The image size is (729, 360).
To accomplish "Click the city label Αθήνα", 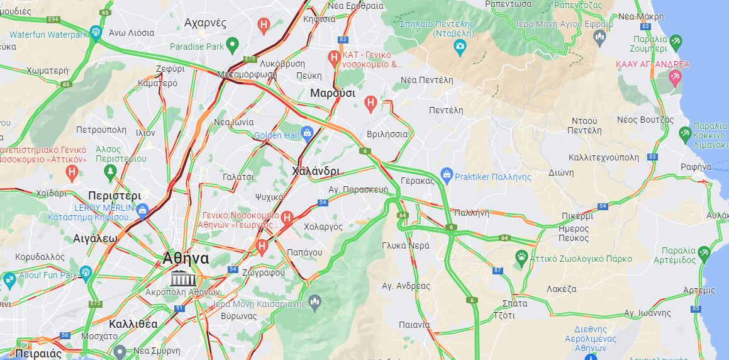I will tap(186, 259).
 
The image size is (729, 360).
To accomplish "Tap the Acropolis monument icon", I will tap(182, 279).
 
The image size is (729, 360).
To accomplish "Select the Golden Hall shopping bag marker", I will tap(307, 133).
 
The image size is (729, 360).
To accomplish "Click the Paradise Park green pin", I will tap(232, 45).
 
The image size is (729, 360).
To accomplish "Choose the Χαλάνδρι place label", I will tap(316, 171).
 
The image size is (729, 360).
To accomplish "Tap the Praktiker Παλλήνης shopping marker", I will tap(447, 174).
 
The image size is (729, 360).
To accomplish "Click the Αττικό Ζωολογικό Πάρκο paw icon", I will tap(521, 257).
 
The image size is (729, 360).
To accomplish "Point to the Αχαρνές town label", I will tap(205, 23).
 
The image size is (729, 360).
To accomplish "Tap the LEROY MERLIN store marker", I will tap(142, 210).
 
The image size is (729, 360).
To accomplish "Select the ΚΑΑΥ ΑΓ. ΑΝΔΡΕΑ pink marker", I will tap(676, 77).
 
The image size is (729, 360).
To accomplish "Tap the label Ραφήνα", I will tap(696, 166).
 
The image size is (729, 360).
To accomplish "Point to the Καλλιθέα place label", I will tap(133, 324).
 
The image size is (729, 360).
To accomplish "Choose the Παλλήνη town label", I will tap(470, 213).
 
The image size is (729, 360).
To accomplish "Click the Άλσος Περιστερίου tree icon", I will tap(111, 171).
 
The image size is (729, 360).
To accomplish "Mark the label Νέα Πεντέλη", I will tap(427, 80).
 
